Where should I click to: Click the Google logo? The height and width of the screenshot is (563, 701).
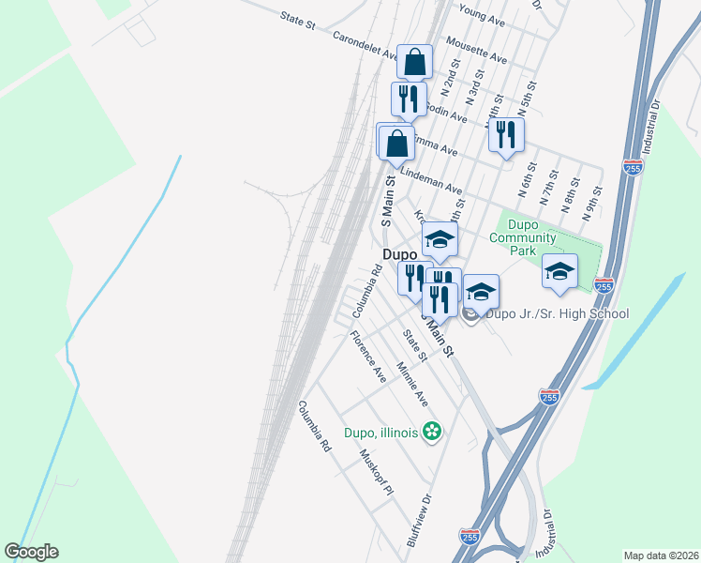click(32, 552)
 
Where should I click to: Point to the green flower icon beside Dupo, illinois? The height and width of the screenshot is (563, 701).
click(432, 432)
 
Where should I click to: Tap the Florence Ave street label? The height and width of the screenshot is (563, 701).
click(368, 356)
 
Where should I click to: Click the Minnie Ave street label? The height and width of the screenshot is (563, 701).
click(412, 384)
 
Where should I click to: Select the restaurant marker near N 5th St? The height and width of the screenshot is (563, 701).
click(506, 136)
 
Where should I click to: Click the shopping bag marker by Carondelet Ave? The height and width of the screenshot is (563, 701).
click(414, 64)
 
